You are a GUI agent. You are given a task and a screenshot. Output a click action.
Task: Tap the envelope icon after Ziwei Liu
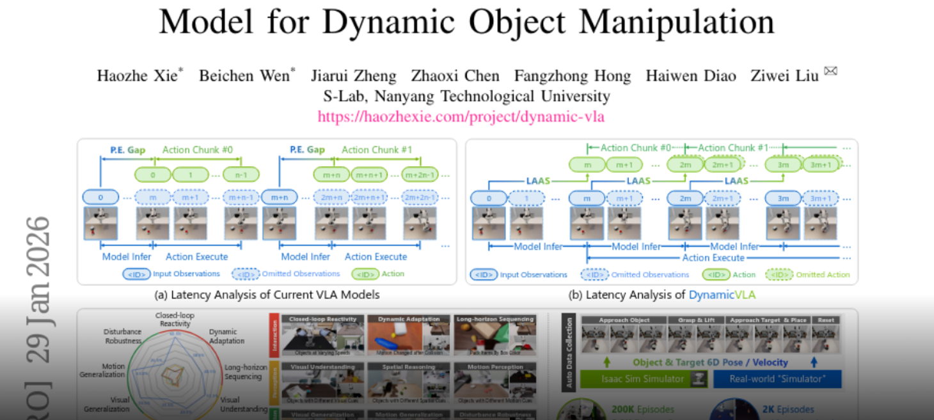pos(830,72)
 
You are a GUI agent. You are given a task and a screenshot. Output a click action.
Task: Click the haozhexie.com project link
pos(461,116)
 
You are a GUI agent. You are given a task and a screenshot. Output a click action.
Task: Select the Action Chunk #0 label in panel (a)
pos(197,150)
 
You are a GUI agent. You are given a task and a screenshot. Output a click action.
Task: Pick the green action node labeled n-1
pos(241,174)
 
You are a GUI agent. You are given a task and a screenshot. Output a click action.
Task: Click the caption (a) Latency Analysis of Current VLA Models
pos(267,295)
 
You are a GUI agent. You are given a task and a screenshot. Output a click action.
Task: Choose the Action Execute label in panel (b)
pos(713,258)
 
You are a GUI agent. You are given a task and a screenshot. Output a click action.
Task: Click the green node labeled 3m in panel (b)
pos(783,164)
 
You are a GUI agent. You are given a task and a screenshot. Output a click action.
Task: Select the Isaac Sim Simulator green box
pos(642,379)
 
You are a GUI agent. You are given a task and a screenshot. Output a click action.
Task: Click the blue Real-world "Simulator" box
pos(777,379)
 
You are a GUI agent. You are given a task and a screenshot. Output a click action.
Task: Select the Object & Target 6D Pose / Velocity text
pos(710,362)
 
